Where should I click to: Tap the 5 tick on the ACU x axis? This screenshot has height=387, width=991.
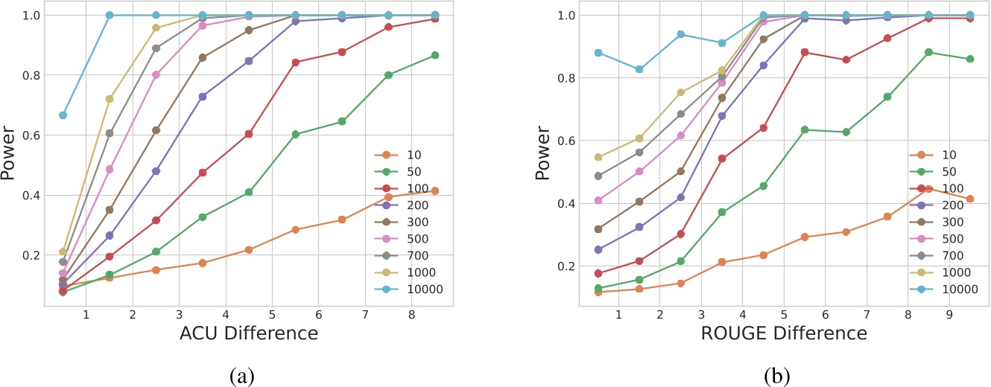click(272, 315)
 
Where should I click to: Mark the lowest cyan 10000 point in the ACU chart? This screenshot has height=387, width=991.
click(63, 115)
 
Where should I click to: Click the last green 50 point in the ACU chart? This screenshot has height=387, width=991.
click(434, 55)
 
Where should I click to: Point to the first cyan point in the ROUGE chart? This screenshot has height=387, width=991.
click(598, 53)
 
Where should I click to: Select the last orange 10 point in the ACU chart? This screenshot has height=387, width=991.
click(434, 191)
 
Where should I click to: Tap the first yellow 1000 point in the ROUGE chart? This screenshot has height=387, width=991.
click(598, 157)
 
